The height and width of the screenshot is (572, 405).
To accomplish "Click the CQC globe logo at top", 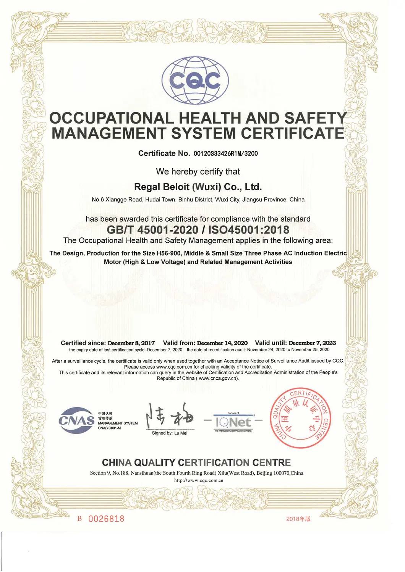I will (x=195, y=81).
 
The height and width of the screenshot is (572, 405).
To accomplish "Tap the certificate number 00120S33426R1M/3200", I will (x=225, y=153).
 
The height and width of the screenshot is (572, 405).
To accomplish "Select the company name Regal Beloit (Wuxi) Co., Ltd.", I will (x=198, y=187).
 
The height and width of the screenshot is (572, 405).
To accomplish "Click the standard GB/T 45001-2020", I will (x=152, y=230).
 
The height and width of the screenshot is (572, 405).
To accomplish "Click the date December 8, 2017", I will (x=131, y=343).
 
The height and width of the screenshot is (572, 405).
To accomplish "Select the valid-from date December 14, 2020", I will (x=222, y=343).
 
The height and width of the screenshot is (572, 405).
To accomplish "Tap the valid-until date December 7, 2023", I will (x=312, y=343).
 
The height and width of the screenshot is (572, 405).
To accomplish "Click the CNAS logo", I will (x=77, y=420).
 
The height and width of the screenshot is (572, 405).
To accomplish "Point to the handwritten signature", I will (x=169, y=416).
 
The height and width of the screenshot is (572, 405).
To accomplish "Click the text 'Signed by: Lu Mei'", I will (x=170, y=433).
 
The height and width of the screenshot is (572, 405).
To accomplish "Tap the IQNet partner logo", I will (x=233, y=422).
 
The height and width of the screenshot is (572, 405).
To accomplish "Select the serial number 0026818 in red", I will (x=106, y=519).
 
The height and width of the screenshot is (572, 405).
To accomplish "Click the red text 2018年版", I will (x=298, y=519).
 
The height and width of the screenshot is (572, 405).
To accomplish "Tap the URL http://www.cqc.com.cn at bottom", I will (x=198, y=480).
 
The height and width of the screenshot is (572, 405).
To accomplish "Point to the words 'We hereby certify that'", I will (x=198, y=172).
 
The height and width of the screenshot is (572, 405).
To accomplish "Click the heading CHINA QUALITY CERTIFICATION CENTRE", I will (x=196, y=463).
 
